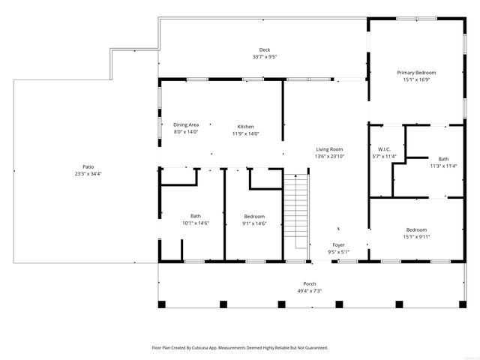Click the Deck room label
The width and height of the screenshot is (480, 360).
point(265,49)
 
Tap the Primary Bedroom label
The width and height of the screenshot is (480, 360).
point(416,72)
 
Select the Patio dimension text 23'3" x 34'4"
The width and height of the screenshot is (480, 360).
point(88,173)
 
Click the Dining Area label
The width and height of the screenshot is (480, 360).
point(186,125)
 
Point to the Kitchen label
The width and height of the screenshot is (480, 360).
point(246,126)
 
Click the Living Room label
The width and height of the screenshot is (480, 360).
point(329,149)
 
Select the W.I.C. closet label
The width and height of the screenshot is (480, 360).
point(383,148)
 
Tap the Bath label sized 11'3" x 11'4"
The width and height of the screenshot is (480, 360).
point(443,158)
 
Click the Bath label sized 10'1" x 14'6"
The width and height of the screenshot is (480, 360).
point(196,216)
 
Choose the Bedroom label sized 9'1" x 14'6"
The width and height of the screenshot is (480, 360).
point(253,216)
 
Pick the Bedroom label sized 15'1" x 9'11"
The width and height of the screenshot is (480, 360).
point(416,229)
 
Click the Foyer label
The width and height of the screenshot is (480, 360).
point(339,244)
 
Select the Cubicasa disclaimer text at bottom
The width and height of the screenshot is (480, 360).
point(240,348)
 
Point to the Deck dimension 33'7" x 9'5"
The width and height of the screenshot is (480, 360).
point(265,56)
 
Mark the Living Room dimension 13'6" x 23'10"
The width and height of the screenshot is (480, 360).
point(329,157)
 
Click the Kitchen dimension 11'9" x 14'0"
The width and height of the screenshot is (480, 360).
point(246,133)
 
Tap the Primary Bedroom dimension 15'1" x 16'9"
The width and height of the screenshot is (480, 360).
point(416,79)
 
